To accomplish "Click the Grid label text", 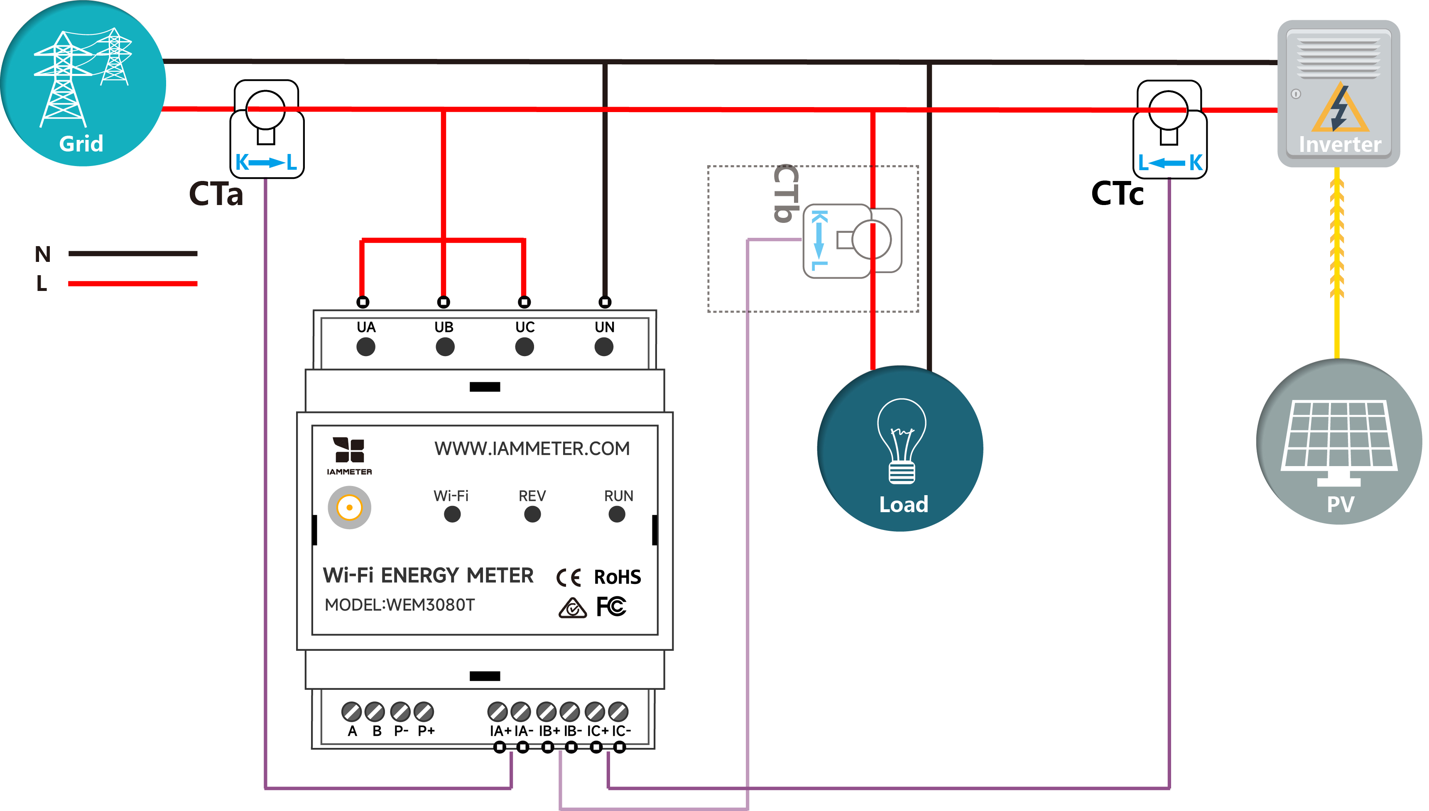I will [81, 144].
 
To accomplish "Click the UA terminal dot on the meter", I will [365, 347].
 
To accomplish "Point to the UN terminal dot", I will [603, 347].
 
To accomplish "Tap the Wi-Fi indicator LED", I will [452, 514].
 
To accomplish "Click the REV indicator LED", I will [532, 514].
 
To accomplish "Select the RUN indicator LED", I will [616, 514].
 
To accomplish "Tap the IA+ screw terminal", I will [497, 711].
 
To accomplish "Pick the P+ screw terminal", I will [424, 711].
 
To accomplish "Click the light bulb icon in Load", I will [901, 440].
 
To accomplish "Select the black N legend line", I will [132, 254].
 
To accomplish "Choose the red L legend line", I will [132, 283].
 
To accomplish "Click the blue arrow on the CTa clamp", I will [266, 163].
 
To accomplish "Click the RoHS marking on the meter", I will [617, 577].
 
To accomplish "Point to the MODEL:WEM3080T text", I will [400, 604].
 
